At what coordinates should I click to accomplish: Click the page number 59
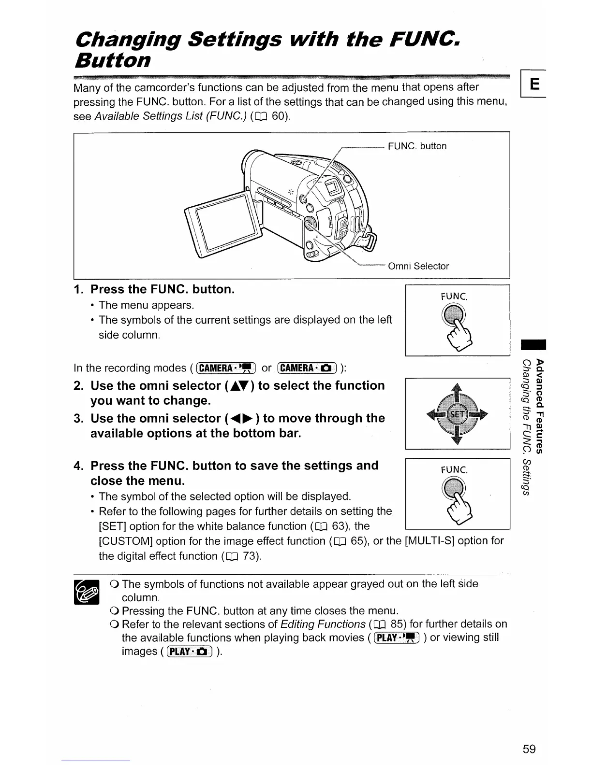coord(529,749)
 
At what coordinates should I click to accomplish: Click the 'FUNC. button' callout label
coord(417,146)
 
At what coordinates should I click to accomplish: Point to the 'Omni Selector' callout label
coord(418,266)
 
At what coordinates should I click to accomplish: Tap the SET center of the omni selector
coord(457,414)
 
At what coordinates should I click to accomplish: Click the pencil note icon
coord(86,592)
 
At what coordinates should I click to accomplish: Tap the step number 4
coord(79,466)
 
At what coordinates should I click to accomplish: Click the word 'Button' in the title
coord(112,61)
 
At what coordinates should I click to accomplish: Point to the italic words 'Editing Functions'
coord(323,624)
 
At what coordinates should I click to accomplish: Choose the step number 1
coord(79,290)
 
